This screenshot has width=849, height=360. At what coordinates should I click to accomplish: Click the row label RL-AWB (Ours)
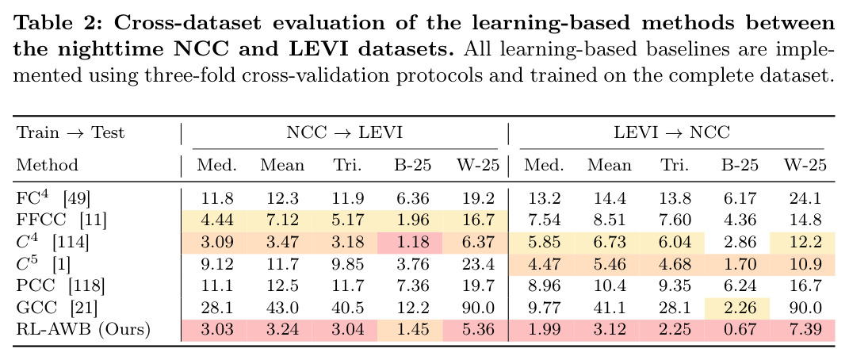83,329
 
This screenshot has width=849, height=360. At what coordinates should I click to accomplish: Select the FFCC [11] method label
61,219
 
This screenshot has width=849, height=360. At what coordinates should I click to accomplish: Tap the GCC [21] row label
57,308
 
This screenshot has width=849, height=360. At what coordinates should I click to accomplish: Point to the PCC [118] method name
60,285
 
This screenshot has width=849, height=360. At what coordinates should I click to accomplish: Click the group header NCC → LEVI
344,132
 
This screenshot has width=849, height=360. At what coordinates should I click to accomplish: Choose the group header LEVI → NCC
672,132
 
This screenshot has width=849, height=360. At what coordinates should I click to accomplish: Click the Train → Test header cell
71,132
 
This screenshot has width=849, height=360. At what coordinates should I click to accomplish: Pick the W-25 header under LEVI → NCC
805,165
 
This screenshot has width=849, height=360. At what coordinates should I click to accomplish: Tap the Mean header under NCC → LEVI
282,165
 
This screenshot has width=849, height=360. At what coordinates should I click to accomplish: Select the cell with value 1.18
412,241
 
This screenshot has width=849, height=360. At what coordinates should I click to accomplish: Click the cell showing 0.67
740,329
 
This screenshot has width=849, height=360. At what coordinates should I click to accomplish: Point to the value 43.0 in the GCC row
282,308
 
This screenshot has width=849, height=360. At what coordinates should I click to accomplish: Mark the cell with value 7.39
805,329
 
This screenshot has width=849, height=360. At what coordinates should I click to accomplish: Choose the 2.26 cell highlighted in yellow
740,308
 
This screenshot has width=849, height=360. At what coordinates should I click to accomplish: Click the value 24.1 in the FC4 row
805,197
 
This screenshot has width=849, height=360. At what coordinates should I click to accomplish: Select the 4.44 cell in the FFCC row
216,219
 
